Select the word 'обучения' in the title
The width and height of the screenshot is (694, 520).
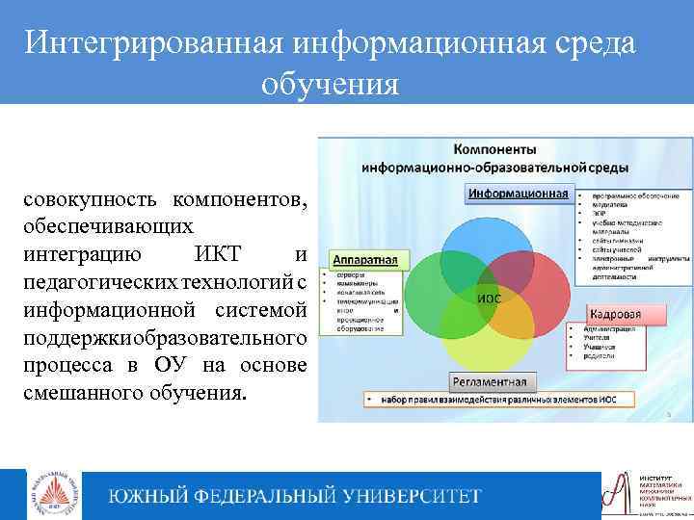(x=330, y=84)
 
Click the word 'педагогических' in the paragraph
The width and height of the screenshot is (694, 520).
(x=91, y=281)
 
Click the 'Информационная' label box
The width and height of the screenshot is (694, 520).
(x=518, y=194)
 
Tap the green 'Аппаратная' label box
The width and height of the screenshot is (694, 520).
(x=369, y=260)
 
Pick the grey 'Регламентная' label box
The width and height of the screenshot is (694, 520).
(x=493, y=378)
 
